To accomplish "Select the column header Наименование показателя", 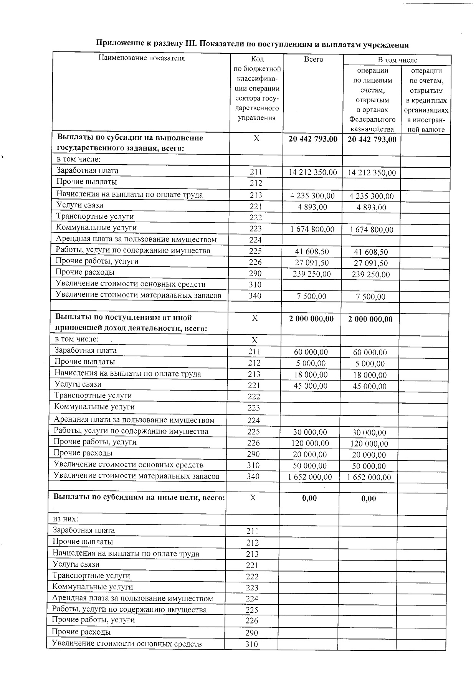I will tap(142, 58).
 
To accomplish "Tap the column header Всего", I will tap(314, 59).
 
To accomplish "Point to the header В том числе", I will tap(397, 60).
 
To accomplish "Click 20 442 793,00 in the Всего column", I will tap(313, 139).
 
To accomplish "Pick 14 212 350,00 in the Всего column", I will tap(312, 173).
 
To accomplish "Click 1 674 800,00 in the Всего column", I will tap(312, 229).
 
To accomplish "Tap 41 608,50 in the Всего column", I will tap(312, 252).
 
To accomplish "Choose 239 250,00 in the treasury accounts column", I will tap(371, 274).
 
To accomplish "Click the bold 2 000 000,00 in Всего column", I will tap(311, 319).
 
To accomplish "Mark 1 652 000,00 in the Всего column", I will tap(310, 477).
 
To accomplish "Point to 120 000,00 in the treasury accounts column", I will tap(369, 444).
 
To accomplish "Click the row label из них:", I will tap(65, 519).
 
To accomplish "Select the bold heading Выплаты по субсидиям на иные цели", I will tap(139, 498).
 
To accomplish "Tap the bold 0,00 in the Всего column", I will tap(309, 498).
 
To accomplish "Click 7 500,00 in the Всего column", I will tap(312, 296).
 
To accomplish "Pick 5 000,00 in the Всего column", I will tap(311, 363).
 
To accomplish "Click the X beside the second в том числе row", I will tap(254, 340).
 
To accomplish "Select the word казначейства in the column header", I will tap(372, 129).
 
